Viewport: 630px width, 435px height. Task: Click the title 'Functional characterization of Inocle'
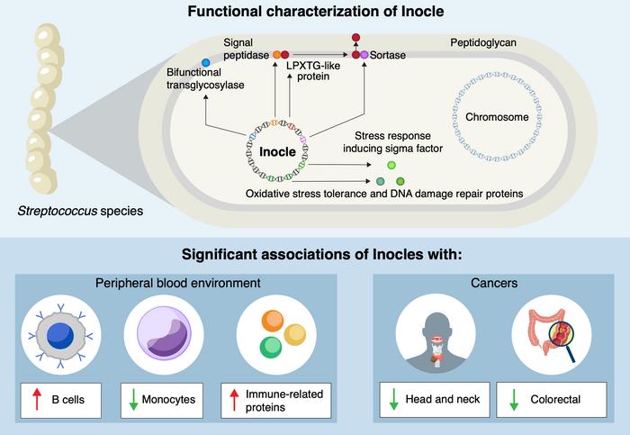[314, 13]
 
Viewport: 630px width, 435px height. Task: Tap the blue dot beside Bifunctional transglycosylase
[206, 62]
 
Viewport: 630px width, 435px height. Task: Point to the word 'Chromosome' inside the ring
[496, 117]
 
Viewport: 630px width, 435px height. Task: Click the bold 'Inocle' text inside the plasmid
[278, 150]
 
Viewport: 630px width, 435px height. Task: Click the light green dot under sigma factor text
[391, 166]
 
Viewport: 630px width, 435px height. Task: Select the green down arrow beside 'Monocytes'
[135, 401]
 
